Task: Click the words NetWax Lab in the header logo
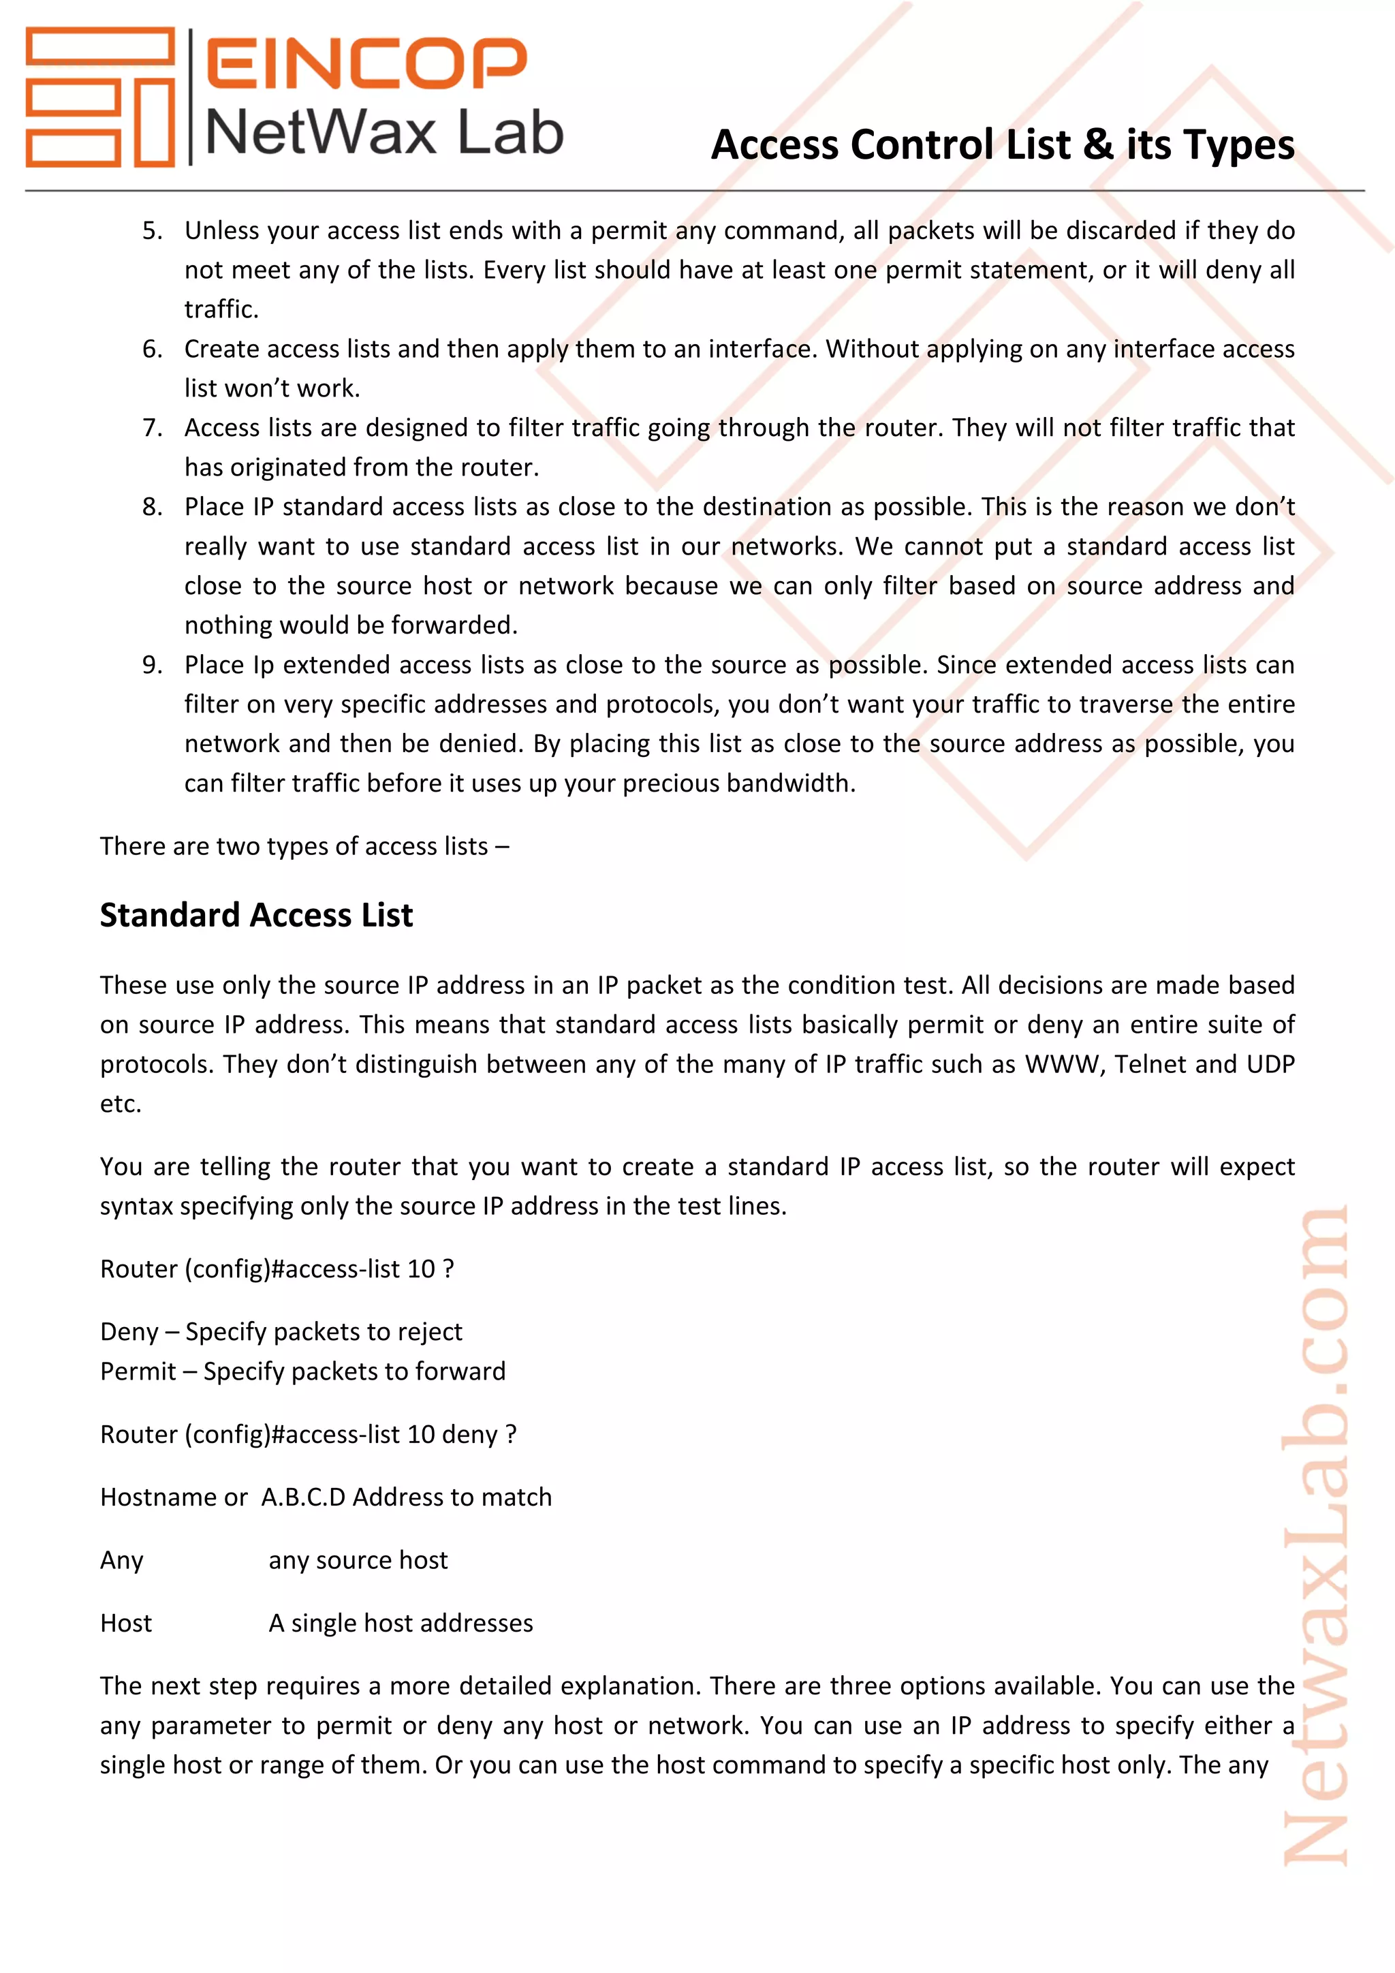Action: tap(384, 134)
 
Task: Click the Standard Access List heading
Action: tap(256, 915)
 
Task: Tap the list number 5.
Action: tap(152, 230)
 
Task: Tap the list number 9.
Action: tap(152, 664)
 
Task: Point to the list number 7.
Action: tap(152, 427)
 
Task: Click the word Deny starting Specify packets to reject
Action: tap(129, 1331)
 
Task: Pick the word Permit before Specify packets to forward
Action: tap(138, 1371)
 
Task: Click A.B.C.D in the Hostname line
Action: tap(303, 1497)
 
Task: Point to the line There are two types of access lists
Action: tap(304, 845)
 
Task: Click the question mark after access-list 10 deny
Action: tap(511, 1434)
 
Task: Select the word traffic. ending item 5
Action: tap(221, 309)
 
